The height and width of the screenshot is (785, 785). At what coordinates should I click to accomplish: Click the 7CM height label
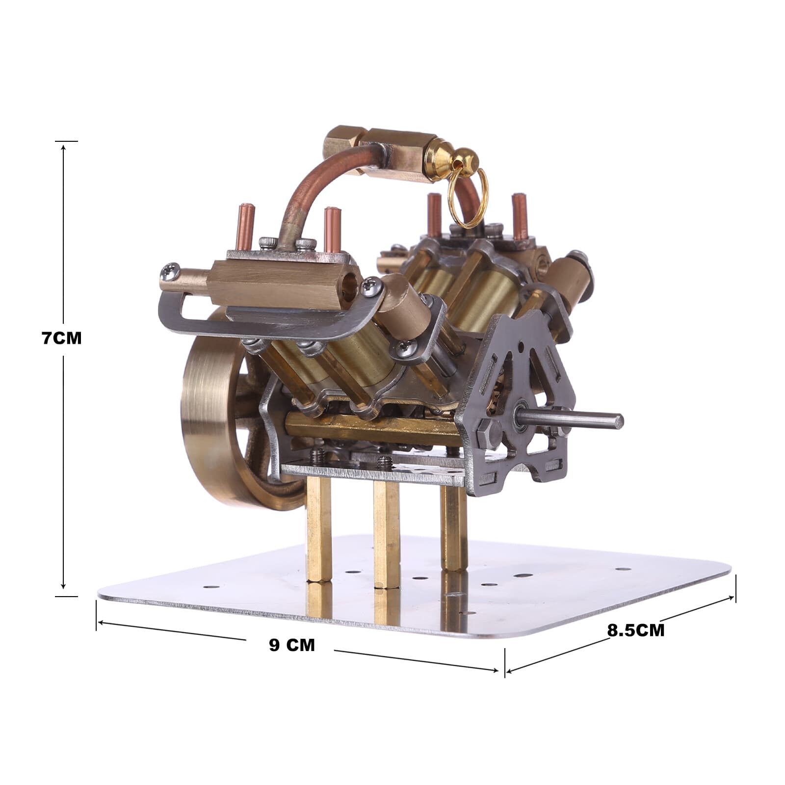point(61,338)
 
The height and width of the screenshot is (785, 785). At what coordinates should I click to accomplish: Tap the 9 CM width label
point(291,645)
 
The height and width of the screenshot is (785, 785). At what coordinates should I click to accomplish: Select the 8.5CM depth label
point(636,630)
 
